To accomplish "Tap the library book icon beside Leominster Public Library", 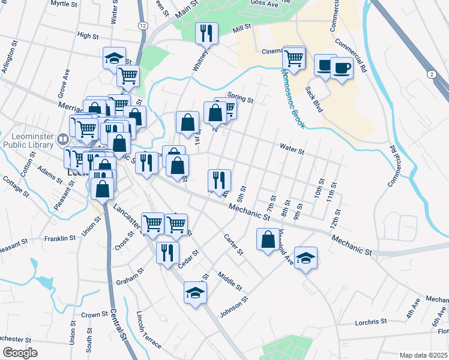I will click(x=62, y=140).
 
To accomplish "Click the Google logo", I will click(x=20, y=353).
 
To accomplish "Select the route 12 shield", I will click(x=142, y=25).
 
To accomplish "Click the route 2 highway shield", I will click(x=431, y=73).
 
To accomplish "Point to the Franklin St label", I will click(x=59, y=238).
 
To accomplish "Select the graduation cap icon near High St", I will click(x=114, y=58).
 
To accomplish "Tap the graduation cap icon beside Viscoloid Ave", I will click(x=306, y=258).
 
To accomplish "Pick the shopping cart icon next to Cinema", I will click(x=294, y=58).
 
